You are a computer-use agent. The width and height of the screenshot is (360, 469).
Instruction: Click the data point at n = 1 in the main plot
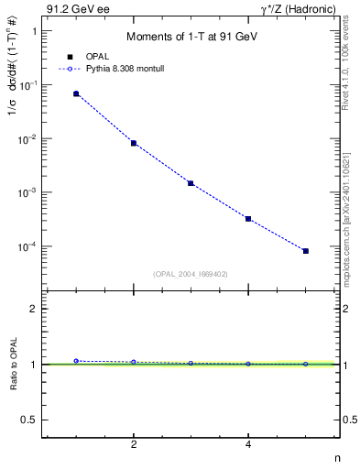tap(76, 93)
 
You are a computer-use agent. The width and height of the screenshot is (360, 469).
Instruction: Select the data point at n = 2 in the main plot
tap(134, 143)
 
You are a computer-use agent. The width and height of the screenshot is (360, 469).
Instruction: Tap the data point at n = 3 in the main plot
tap(191, 183)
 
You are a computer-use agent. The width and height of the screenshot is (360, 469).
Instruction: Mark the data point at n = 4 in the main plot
tap(248, 219)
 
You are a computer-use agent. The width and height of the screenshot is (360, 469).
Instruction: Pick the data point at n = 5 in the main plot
tap(306, 251)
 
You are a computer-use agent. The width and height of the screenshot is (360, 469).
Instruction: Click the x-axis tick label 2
tap(134, 444)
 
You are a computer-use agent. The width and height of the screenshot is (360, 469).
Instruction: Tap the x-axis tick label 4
tap(248, 444)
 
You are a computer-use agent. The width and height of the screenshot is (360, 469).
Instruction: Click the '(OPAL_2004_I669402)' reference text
tap(191, 273)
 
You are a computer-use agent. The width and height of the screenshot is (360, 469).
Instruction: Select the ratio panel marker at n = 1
tap(76, 361)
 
